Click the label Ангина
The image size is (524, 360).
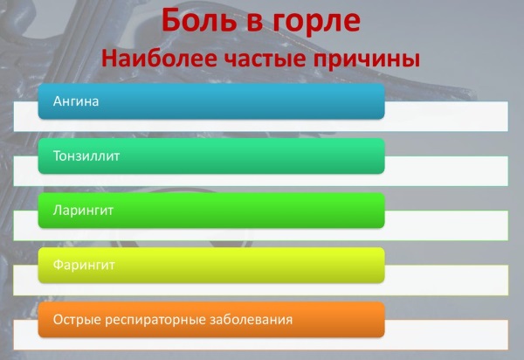[76, 101]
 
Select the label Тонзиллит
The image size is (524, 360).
[86, 156]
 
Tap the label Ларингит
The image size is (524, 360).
[83, 211]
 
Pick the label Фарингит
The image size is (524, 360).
[84, 265]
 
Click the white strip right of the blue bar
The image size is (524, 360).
[446, 116]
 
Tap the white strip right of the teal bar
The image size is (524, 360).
[446, 170]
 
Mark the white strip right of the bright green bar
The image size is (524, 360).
[446, 225]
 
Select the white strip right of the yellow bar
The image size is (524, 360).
[446, 280]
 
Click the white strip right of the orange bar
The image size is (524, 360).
[446, 335]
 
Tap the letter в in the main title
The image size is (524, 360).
[255, 24]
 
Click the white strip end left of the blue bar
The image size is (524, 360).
[25, 116]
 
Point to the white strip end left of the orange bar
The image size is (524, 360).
[25, 335]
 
